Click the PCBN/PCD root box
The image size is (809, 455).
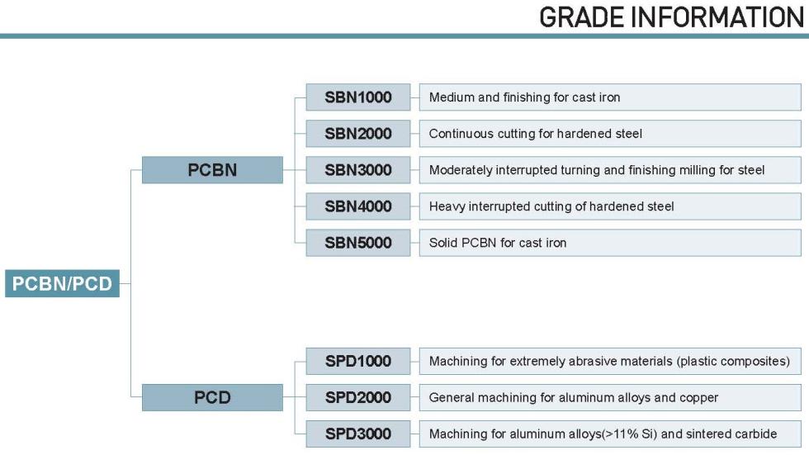tap(62, 283)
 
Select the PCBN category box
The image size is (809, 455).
tap(212, 170)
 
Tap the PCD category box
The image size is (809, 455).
tap(212, 397)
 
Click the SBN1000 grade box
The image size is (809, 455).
tap(358, 97)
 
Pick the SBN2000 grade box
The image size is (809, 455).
tap(358, 134)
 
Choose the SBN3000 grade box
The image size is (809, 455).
tap(358, 170)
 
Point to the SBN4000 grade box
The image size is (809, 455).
tap(358, 206)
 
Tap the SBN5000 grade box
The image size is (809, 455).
tap(358, 243)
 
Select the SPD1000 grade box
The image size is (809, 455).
tap(358, 361)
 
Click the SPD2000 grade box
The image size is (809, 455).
tap(358, 397)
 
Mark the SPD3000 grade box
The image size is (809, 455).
tap(358, 434)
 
